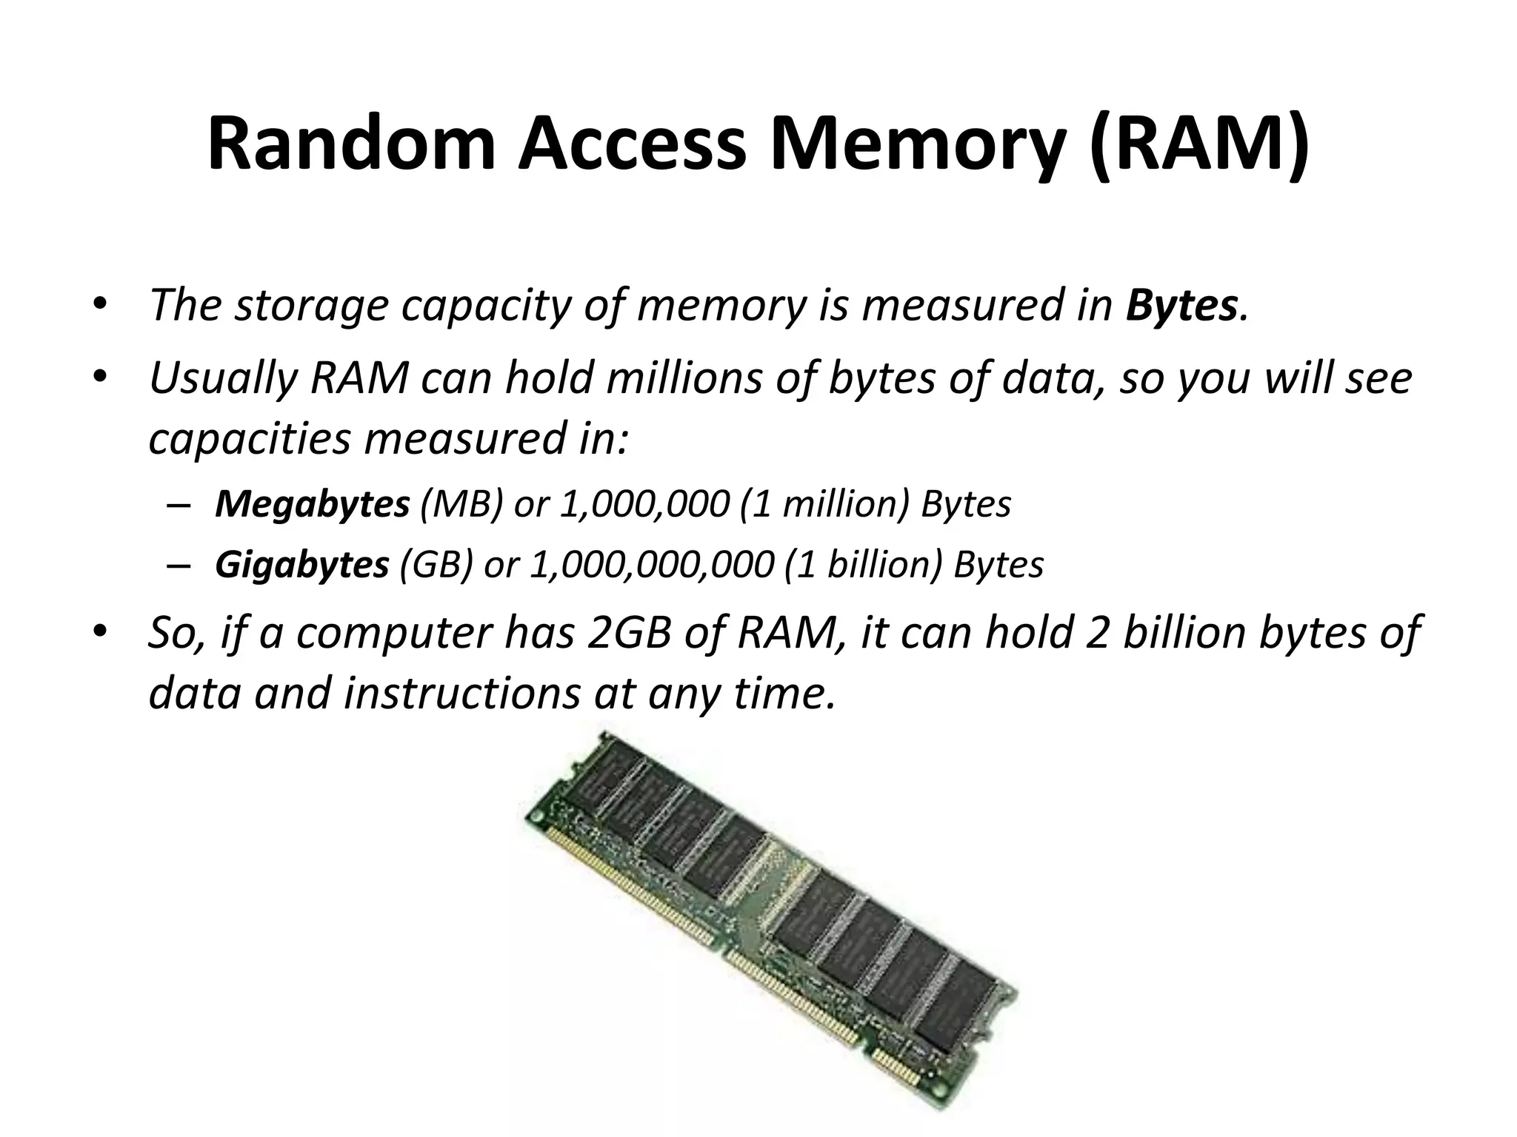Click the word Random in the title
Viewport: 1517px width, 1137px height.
pos(351,144)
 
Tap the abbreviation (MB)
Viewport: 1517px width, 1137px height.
pos(461,505)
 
